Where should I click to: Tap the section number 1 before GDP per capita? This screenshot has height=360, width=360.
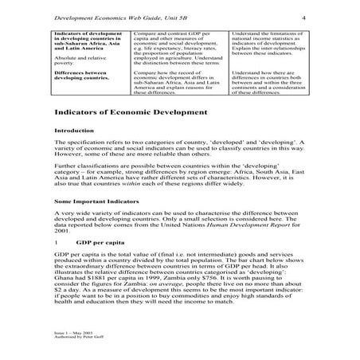click(55, 240)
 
